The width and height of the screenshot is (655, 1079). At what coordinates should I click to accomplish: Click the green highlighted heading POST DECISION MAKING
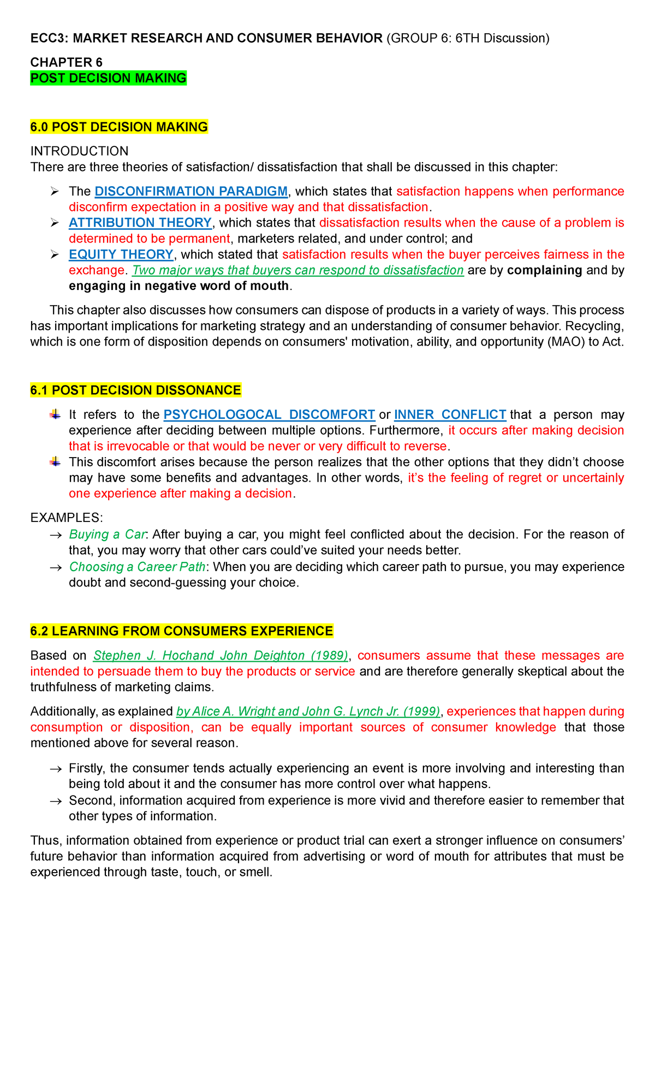(108, 78)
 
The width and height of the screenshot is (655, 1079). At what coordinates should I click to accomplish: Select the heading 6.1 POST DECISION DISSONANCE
(135, 390)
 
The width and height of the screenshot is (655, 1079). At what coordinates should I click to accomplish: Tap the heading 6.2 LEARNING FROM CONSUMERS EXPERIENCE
(181, 631)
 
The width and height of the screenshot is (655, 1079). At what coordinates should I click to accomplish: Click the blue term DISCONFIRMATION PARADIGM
(190, 191)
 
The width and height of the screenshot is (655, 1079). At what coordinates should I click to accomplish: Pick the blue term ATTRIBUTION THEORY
(140, 223)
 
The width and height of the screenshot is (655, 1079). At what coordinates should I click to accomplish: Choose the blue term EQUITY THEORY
(121, 254)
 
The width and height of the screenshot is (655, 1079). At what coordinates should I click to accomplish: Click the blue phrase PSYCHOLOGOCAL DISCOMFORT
(269, 414)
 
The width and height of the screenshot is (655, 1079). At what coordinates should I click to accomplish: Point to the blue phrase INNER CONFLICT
(450, 414)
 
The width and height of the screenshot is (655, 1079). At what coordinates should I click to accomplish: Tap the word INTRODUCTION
(79, 151)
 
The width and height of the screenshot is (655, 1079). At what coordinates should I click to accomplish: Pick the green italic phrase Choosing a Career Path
(137, 567)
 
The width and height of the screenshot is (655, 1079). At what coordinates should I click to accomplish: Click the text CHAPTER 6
(66, 62)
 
